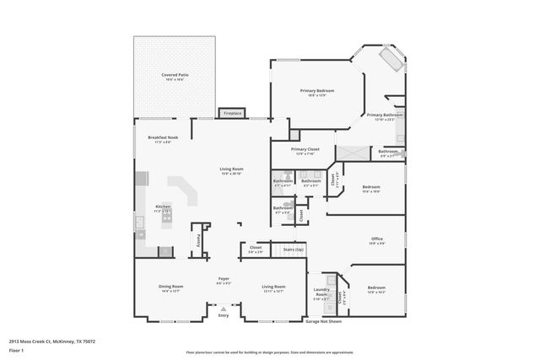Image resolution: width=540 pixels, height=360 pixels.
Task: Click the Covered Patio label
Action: point(175,75)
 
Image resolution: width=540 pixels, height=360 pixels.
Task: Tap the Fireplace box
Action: point(231,113)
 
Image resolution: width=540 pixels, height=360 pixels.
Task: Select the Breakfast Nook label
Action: point(163,137)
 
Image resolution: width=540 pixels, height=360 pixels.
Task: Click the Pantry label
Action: point(200,239)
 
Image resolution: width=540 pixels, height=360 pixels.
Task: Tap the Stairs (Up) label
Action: point(293,250)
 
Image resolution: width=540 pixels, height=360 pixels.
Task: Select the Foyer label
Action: point(224,279)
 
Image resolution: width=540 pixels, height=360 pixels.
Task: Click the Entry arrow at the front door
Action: point(224,309)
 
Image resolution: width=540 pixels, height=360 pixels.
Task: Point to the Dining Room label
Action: point(170,287)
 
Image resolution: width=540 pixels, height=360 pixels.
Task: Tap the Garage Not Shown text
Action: point(323,321)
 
